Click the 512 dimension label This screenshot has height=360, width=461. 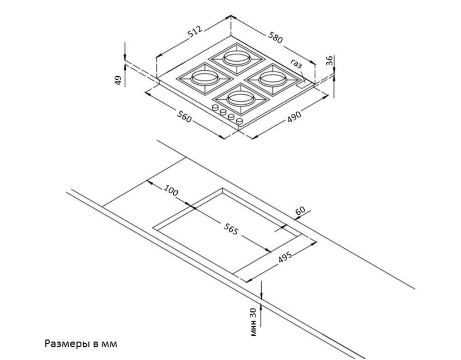(x=196, y=32)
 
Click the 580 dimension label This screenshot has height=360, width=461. (x=275, y=37)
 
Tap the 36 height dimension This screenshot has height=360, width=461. (x=330, y=60)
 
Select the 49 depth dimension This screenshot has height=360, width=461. (x=118, y=80)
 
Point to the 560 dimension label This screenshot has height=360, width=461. (x=184, y=116)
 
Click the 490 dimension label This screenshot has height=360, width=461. (x=295, y=116)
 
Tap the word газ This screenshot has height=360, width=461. (x=296, y=64)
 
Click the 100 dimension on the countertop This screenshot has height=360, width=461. (x=171, y=190)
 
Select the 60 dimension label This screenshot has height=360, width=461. (x=300, y=211)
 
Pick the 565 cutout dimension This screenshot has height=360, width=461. (x=231, y=229)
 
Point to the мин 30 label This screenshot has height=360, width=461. (x=254, y=322)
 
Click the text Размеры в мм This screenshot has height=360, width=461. (x=81, y=343)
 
